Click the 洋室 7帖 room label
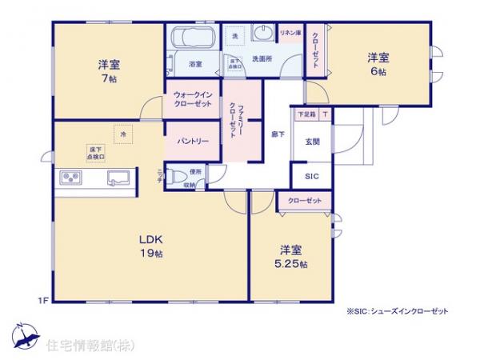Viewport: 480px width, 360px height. [109, 70]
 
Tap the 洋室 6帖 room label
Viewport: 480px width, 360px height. [378, 63]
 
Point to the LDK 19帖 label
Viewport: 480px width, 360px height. [151, 246]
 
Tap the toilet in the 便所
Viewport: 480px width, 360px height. [180, 177]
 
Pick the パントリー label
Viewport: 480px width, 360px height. [193, 141]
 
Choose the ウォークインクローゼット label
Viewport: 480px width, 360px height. [193, 100]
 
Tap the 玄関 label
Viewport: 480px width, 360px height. [311, 142]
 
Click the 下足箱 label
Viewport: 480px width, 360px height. [306, 114]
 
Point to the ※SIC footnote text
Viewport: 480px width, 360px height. [397, 311]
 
